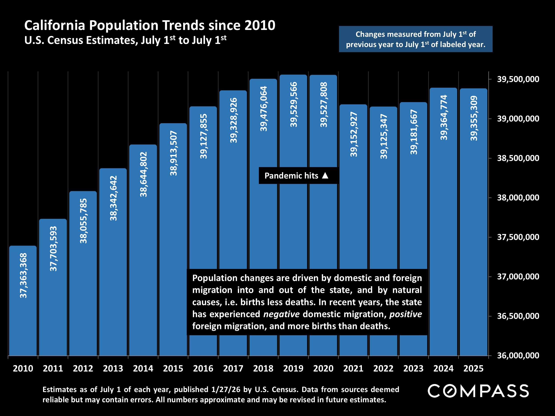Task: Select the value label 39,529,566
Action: click(x=293, y=104)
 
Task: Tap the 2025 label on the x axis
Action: click(x=473, y=368)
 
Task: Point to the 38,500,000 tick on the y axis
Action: click(x=518, y=158)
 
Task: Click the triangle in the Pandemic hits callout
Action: click(x=325, y=175)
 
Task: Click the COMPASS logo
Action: click(x=478, y=391)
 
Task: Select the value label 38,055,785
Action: click(x=83, y=221)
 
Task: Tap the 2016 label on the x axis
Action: click(x=203, y=368)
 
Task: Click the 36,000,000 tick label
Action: click(x=518, y=355)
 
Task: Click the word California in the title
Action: click(x=55, y=26)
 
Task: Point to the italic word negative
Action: click(x=281, y=314)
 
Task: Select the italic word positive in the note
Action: click(x=405, y=314)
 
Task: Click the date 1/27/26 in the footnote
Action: click(x=226, y=389)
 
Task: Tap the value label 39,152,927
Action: click(x=353, y=134)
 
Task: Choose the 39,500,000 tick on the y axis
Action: click(x=518, y=79)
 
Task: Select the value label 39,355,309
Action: click(x=474, y=118)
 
